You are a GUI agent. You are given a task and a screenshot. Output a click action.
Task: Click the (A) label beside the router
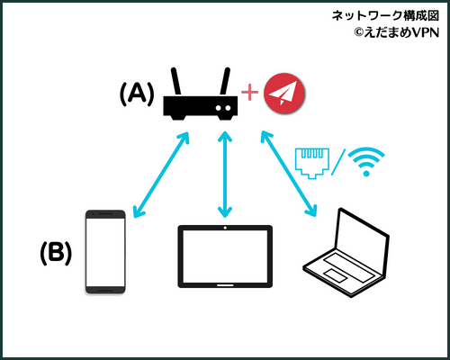(137, 94)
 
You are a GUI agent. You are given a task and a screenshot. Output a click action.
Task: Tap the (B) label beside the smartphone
(56, 253)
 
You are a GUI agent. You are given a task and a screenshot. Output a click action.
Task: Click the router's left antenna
(176, 82)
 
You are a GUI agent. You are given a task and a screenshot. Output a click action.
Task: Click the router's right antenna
(225, 82)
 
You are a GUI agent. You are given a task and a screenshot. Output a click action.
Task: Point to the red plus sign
(249, 92)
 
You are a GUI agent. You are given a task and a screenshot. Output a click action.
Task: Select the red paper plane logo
(284, 93)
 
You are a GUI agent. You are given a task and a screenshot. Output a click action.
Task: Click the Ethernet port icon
(312, 164)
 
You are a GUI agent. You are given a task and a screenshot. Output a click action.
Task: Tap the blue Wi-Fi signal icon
(366, 161)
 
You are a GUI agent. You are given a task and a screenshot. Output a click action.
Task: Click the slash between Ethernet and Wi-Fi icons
(338, 162)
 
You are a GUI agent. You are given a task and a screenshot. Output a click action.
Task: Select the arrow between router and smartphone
(161, 175)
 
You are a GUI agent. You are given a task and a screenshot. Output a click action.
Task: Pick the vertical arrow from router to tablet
(225, 174)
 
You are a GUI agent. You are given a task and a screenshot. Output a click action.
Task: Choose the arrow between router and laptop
(289, 174)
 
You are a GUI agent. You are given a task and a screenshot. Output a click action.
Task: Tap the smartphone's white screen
(105, 252)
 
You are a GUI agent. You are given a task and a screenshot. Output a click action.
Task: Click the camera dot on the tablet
(225, 228)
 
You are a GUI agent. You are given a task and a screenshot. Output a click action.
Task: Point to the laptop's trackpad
(336, 275)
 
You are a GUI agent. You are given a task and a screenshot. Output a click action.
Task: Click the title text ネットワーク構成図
(385, 15)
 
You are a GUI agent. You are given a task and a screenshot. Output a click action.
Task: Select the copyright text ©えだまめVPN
(397, 32)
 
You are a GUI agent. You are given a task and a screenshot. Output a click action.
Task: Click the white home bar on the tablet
(225, 285)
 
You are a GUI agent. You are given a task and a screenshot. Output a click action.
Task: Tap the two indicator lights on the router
(224, 108)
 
